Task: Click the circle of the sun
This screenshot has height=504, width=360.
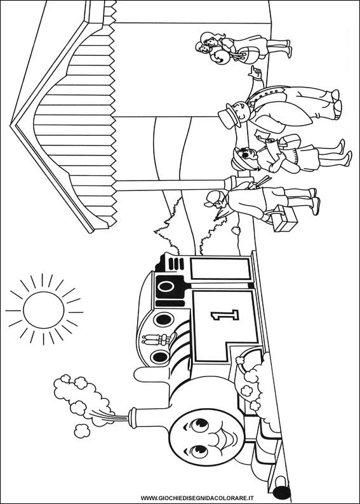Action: [43, 310]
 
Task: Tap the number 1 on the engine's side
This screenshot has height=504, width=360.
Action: [225, 315]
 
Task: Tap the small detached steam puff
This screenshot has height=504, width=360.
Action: [82, 431]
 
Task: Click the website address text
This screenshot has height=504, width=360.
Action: [197, 498]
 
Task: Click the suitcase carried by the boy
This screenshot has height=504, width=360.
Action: [285, 219]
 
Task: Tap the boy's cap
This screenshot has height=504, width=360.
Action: [211, 199]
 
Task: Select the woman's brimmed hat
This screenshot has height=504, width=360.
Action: [239, 159]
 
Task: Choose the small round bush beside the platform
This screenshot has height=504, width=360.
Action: [236, 230]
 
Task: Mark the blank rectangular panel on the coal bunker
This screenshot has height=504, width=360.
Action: [220, 269]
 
